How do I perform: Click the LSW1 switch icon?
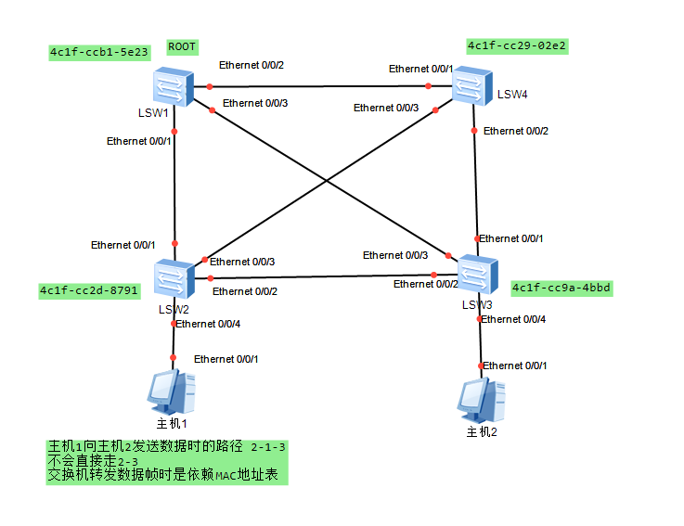coord(172,86)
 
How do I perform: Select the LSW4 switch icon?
coord(472,86)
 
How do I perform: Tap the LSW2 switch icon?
coord(174,277)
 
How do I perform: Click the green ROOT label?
coord(183,46)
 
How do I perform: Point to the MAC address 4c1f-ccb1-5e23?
coord(99,53)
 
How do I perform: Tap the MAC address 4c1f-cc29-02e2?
coord(517,45)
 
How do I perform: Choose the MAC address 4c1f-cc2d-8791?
coord(89,291)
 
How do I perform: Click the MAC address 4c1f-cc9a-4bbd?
coord(561,289)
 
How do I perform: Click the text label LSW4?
coord(511,95)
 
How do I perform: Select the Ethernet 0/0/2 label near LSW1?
coord(251,65)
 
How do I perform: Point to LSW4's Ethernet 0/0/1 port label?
coord(420,69)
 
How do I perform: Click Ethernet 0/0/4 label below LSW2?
coord(209,324)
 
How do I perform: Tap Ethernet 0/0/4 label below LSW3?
coord(513,319)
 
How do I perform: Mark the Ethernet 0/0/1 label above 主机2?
coord(515,366)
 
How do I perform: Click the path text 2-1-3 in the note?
coord(268,447)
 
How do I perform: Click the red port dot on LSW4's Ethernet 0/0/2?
coord(474,131)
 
